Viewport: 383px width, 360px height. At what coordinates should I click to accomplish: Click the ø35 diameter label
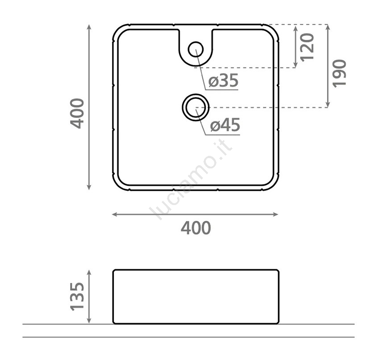[223, 81]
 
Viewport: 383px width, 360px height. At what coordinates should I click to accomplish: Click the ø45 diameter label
[225, 125]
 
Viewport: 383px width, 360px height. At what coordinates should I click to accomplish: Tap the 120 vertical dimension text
[307, 47]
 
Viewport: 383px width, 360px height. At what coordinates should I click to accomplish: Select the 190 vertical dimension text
[340, 73]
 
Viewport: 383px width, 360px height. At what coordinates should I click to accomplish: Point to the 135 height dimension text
[77, 297]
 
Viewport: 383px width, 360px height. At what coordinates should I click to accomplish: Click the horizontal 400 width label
[196, 228]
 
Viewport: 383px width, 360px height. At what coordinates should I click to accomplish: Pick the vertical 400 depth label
[77, 113]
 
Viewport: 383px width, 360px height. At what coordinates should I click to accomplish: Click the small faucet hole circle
[196, 50]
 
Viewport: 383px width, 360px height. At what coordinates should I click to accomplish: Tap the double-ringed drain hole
[196, 107]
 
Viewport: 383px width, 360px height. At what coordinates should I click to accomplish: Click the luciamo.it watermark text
[191, 181]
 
